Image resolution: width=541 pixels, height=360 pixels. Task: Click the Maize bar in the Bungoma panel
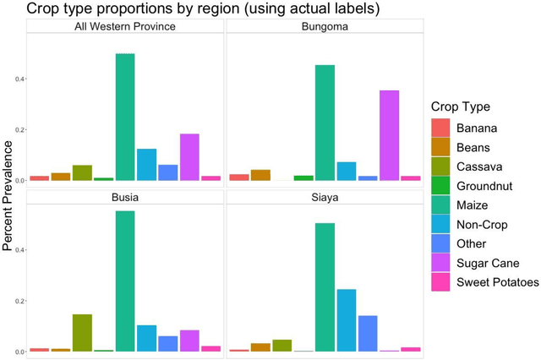[325, 123]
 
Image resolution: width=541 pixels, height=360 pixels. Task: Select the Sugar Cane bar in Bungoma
[389, 135]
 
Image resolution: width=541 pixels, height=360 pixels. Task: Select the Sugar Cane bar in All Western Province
[189, 157]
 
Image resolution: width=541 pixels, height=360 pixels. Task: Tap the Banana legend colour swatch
[440, 128]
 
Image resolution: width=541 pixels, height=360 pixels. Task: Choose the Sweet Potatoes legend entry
[497, 282]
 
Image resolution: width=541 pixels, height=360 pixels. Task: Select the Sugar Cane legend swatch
[440, 263]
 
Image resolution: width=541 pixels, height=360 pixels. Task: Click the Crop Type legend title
[460, 106]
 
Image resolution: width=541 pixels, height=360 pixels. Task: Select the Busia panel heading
[125, 198]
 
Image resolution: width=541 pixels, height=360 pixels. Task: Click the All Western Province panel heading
[125, 26]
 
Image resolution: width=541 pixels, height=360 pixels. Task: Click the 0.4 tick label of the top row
[19, 79]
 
